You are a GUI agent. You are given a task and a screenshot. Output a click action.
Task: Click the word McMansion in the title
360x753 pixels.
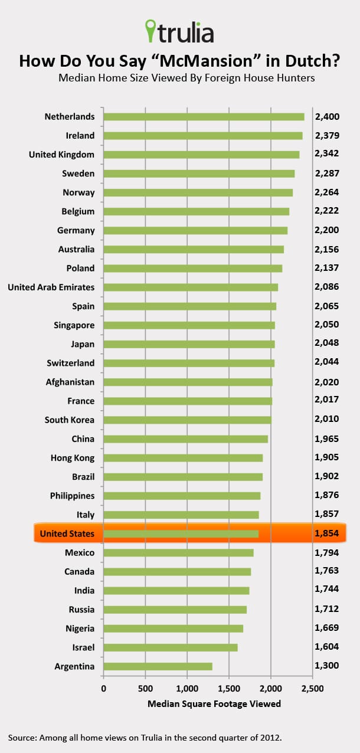click(x=209, y=61)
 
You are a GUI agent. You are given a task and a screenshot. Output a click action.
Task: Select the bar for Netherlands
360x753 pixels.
click(x=204, y=116)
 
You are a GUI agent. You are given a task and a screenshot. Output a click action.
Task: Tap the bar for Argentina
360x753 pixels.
click(x=158, y=666)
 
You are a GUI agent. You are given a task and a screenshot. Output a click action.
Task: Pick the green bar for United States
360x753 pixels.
click(x=181, y=534)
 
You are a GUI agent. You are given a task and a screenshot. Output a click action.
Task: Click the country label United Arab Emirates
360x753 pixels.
click(x=51, y=287)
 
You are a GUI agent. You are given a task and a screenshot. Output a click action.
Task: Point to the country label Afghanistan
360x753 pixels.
click(x=70, y=382)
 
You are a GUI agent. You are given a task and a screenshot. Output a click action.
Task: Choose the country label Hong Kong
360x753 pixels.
click(x=73, y=458)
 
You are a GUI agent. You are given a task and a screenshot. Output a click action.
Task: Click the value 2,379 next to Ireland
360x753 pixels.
click(x=328, y=136)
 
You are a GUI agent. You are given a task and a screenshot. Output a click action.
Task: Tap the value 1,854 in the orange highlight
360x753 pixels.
click(x=328, y=534)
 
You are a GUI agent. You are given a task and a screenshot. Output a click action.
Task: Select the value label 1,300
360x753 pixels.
click(x=328, y=666)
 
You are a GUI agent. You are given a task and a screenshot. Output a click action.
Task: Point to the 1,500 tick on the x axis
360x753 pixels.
click(x=229, y=688)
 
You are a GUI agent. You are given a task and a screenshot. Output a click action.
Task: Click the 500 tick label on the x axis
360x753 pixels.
click(x=145, y=688)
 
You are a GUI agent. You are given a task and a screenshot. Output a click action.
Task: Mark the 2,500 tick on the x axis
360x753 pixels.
click(x=312, y=688)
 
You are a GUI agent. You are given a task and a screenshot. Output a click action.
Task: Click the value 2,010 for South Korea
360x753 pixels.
click(x=328, y=420)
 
